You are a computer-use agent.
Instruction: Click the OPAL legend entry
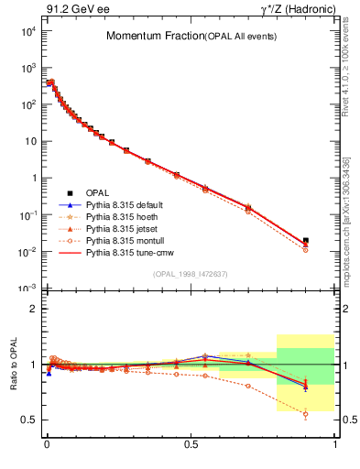[97, 192]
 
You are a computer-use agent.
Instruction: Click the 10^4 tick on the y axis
[27, 31]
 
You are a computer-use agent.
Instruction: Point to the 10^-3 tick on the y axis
[27, 289]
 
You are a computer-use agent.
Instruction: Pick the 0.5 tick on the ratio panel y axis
[28, 420]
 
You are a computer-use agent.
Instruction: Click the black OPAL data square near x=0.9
[305, 241]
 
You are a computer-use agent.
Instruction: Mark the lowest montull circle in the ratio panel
[305, 414]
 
